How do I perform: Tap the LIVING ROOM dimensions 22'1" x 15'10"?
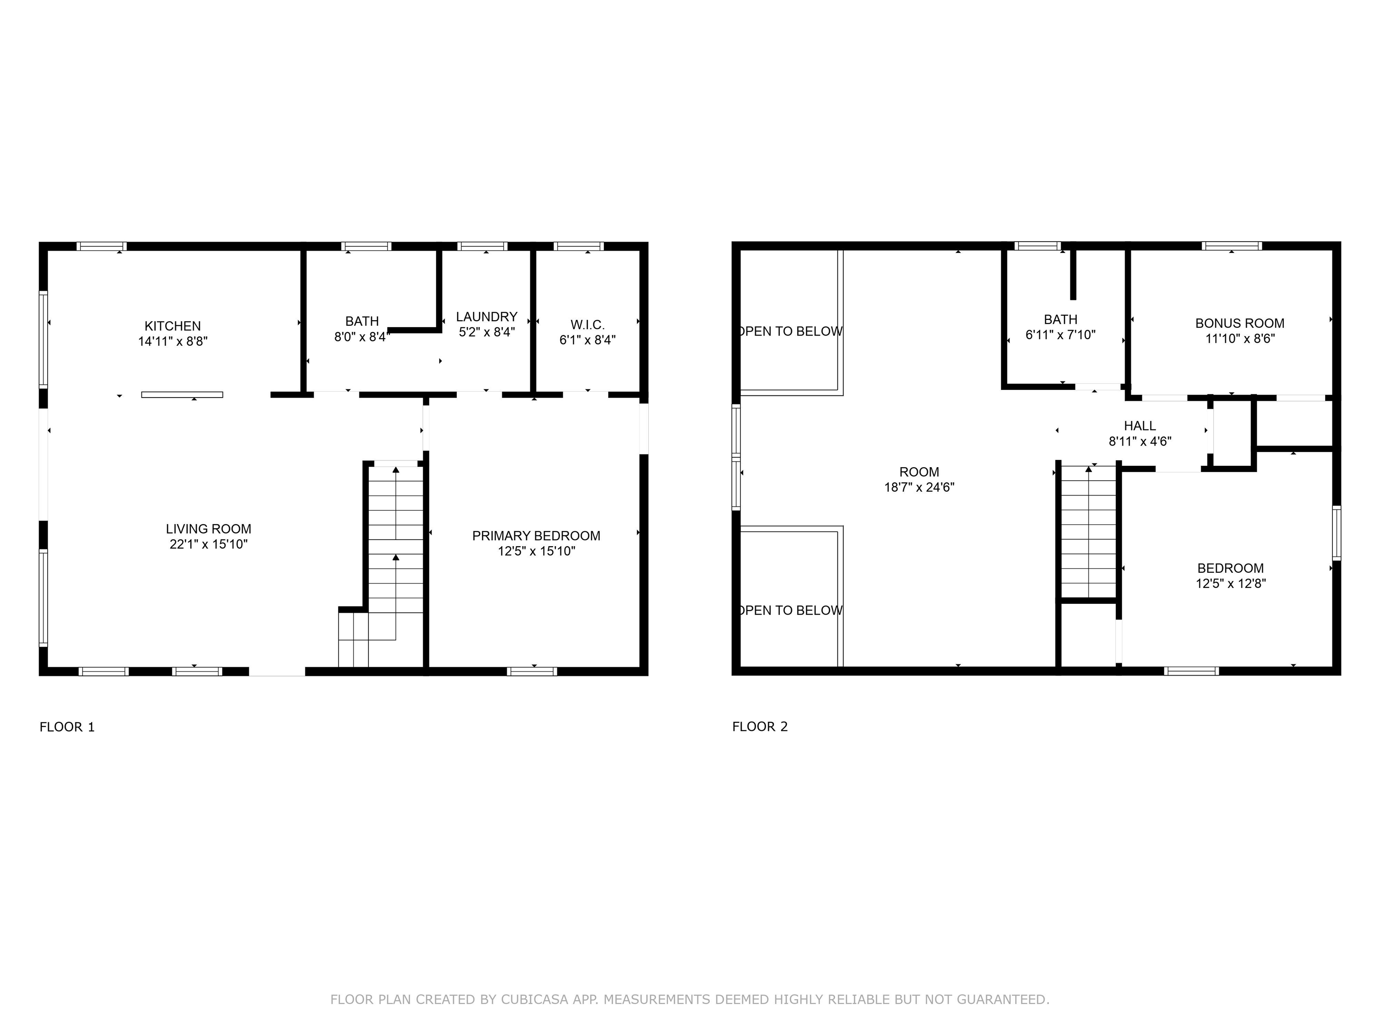click(x=208, y=544)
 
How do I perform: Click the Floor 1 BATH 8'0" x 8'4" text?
click(x=362, y=329)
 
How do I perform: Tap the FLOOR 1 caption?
click(x=67, y=727)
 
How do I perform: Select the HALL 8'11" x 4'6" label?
click(x=1139, y=433)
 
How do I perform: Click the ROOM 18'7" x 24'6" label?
click(x=919, y=480)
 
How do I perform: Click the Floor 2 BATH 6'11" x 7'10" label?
click(x=1060, y=327)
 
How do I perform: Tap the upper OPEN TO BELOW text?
click(x=791, y=331)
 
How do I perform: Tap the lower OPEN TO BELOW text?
click(x=791, y=610)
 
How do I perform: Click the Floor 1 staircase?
click(x=395, y=549)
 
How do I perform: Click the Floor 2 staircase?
click(x=1088, y=530)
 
